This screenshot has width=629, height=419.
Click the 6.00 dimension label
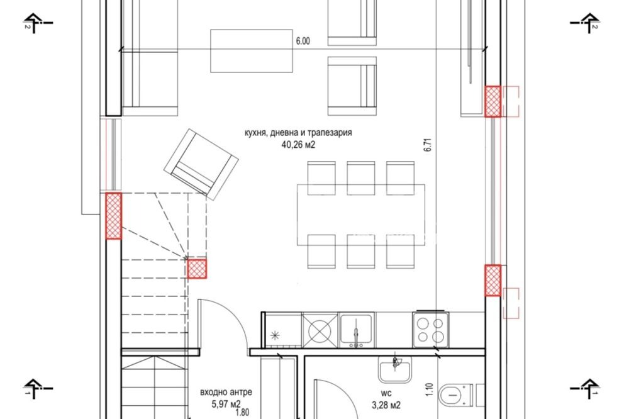coord(303,41)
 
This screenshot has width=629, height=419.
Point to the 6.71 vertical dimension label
coord(428,145)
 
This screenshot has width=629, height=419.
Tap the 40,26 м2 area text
coord(298,145)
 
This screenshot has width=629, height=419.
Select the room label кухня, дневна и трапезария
coord(298,133)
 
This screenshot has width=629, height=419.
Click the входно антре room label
coord(226,392)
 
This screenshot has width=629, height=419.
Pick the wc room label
coord(387,393)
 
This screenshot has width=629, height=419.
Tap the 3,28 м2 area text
coord(386,405)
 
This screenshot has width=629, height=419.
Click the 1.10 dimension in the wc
coord(429,389)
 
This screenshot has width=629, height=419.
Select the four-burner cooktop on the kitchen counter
coord(430,330)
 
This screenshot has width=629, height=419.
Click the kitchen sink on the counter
coord(356,330)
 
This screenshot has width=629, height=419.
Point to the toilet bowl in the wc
coord(454,396)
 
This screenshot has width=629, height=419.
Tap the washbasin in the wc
coord(395,369)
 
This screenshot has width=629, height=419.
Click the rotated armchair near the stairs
coord(201,164)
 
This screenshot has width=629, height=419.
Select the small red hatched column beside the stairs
coord(197,269)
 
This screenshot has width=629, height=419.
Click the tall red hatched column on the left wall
coord(113,216)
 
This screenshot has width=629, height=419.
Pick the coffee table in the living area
coord(252,51)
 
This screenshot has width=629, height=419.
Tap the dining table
coord(361,215)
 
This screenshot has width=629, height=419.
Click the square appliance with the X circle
coord(320,330)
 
